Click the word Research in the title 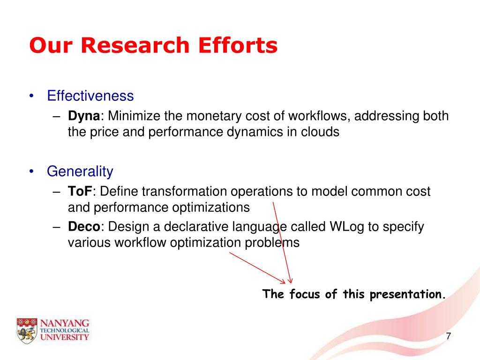pos(135,45)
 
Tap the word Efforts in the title pos(238,45)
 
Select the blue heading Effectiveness pos(90,96)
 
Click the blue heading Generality pos(80,172)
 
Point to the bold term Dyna pos(84,116)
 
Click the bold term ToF pos(80,191)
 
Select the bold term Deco pos(84,227)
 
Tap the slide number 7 pos(449,336)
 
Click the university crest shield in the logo pos(27,330)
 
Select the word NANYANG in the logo pos(65,323)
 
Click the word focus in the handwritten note pos(305,294)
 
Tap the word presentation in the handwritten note pos(407,294)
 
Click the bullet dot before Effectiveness pos(31,96)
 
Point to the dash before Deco pos(56,227)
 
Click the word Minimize pos(134,116)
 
